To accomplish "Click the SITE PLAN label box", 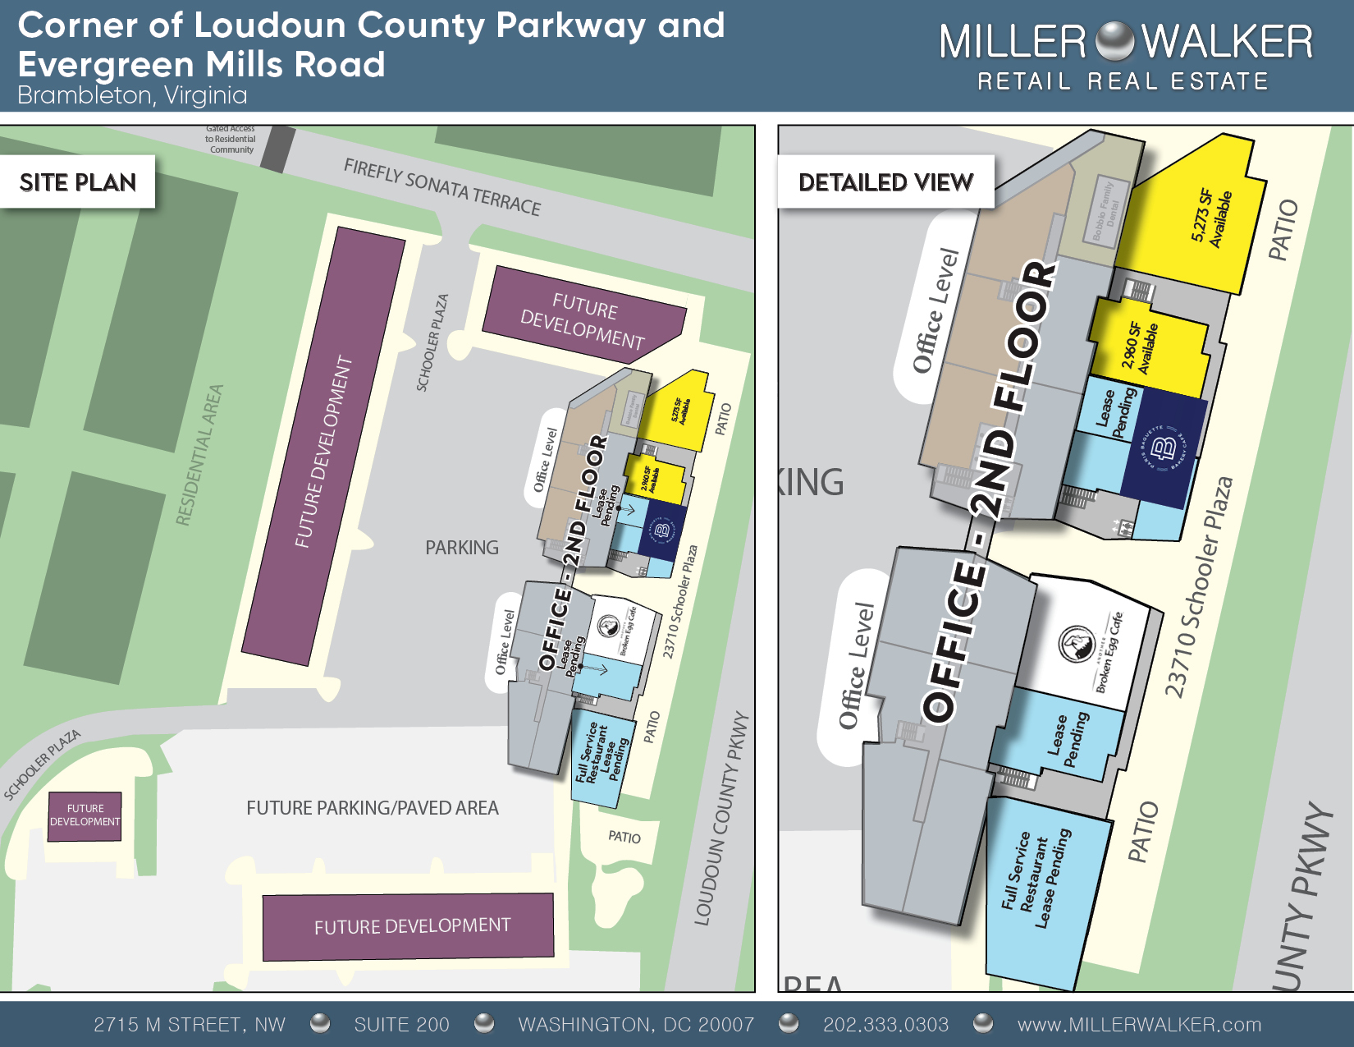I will (x=77, y=181).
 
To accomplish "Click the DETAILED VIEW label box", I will (x=885, y=181).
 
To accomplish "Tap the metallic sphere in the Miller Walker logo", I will (x=1114, y=42).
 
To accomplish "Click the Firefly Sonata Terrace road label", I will (x=442, y=187).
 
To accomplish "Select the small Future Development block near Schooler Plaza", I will (x=85, y=815).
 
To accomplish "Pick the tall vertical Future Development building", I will (x=324, y=448).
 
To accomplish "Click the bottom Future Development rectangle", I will (x=409, y=926).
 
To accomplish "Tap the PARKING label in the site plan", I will (x=462, y=548).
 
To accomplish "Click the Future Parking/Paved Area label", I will (x=373, y=808).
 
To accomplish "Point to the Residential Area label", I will (x=199, y=455).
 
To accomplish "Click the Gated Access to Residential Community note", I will (x=231, y=140).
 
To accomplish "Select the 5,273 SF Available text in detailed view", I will (x=1211, y=218).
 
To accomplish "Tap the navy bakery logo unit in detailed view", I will (x=1163, y=449).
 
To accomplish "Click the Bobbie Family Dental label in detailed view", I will (x=1105, y=210).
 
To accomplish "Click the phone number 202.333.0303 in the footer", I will (x=885, y=1024).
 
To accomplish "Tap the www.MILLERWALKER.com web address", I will (x=1139, y=1024).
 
